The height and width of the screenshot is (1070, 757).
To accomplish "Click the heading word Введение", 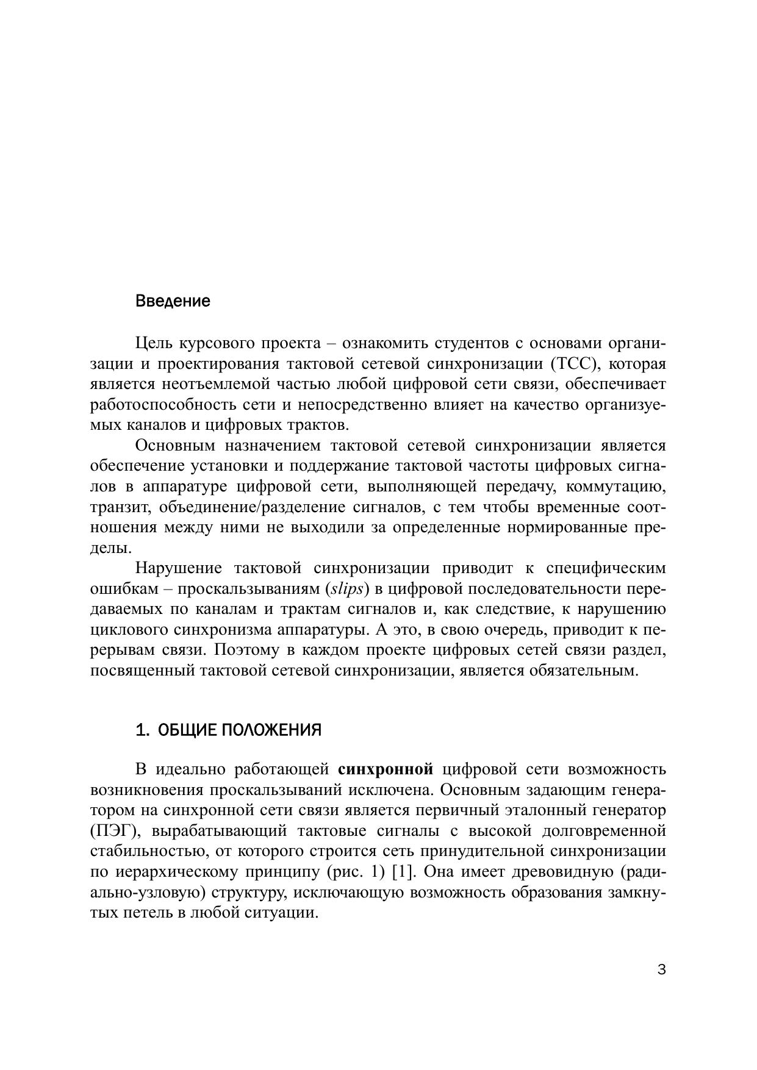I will [173, 301].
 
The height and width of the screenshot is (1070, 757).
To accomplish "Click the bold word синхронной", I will [385, 769].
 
